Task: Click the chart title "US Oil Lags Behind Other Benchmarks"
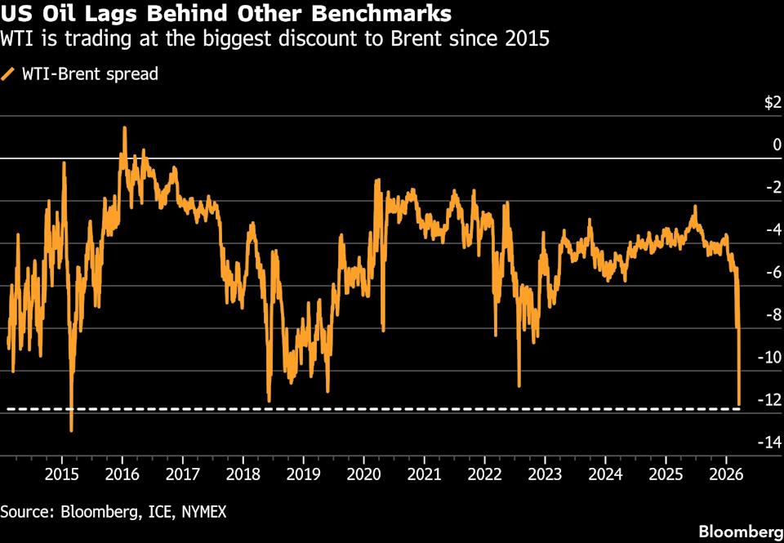point(225,14)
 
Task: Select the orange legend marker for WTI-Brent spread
point(8,74)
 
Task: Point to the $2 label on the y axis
point(772,103)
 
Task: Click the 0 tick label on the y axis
point(777,145)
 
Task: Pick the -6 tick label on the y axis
point(773,273)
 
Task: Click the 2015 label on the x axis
point(61,474)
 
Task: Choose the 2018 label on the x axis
point(243,474)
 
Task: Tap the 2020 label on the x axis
point(363,474)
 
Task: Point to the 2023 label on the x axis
point(545,474)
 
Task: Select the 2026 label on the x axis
point(725,474)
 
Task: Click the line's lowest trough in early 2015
point(71,430)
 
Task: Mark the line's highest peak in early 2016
point(124,128)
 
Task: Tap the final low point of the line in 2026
point(739,404)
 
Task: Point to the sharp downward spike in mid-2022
point(519,385)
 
